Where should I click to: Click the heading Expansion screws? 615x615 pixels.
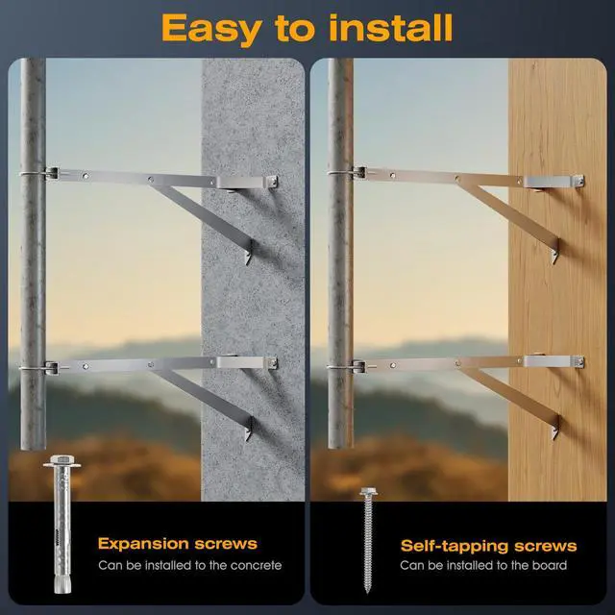178,544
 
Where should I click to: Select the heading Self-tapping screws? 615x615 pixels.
489,546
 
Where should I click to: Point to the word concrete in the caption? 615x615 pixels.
257,565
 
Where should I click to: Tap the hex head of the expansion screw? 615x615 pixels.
61,460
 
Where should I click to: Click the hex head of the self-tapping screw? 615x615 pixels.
368,491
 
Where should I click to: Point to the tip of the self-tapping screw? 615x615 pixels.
367,592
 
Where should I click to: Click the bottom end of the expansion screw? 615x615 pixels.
62,589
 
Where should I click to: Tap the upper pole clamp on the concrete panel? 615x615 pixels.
39,173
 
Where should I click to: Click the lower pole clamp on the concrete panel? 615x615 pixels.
39,367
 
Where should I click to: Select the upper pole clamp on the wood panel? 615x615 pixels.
347,172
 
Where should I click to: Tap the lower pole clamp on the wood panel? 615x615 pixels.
347,367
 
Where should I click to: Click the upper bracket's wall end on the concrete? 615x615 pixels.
248,183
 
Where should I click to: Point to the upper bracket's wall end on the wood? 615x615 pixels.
554,182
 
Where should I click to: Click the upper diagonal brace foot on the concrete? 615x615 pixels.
249,252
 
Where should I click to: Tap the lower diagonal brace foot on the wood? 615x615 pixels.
555,428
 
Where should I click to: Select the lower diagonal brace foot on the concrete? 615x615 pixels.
249,429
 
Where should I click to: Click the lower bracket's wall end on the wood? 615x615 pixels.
554,361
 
